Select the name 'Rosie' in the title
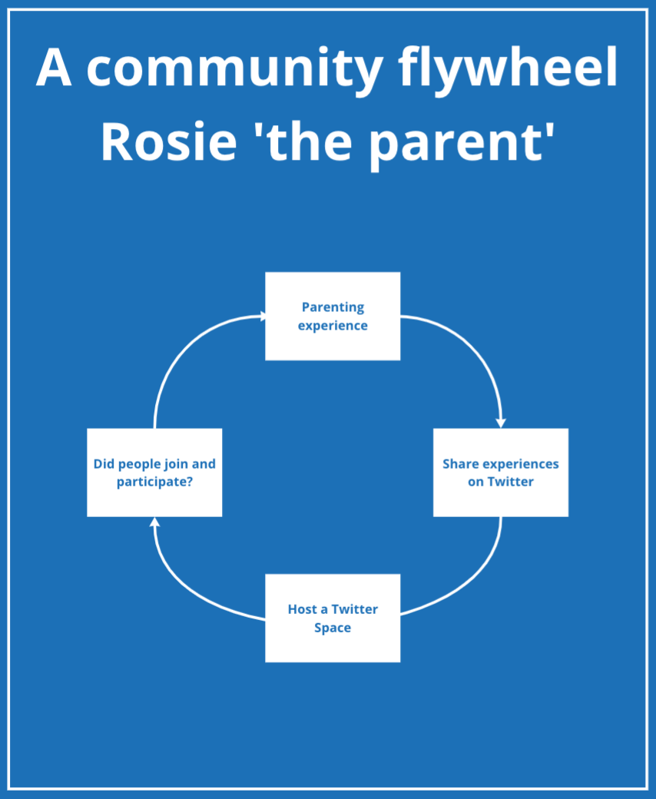[x=168, y=142]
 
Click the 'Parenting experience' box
[x=333, y=316]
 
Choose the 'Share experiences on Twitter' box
[x=501, y=472]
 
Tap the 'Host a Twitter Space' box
[x=333, y=618]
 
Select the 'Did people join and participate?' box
[x=154, y=472]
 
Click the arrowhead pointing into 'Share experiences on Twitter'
[x=501, y=423]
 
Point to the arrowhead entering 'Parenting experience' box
[x=262, y=317]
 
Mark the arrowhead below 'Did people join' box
[x=155, y=522]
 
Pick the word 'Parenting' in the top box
[x=333, y=307]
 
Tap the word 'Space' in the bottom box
[x=333, y=628]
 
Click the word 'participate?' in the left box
[x=155, y=482]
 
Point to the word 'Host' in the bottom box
[x=303, y=609]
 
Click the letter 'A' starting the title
[x=54, y=67]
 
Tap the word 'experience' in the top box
[x=333, y=326]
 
